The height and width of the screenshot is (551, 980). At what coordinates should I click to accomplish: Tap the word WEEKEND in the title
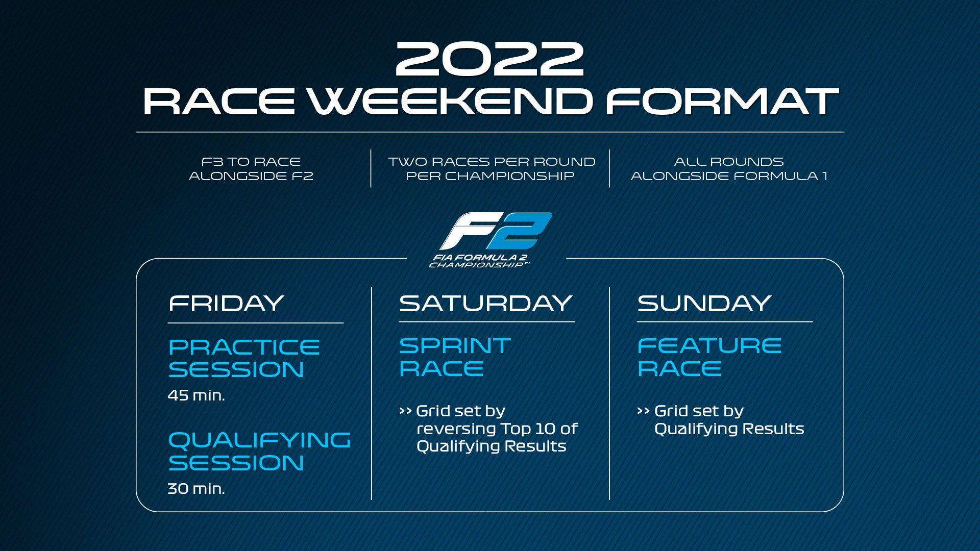click(x=450, y=101)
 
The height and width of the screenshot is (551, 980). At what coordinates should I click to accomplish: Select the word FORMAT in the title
click(x=722, y=101)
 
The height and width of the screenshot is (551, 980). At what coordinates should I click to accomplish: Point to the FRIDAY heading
click(x=226, y=303)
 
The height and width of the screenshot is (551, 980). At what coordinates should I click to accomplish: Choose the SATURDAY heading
click(x=485, y=303)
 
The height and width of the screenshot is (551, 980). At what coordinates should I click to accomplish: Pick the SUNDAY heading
click(x=704, y=303)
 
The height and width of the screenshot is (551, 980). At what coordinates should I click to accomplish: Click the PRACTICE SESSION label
click(x=244, y=359)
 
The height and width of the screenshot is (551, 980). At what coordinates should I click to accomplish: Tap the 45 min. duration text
click(x=197, y=395)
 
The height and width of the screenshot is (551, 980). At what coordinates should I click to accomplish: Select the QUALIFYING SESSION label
click(x=259, y=452)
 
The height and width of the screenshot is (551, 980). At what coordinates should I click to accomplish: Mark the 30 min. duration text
click(x=197, y=489)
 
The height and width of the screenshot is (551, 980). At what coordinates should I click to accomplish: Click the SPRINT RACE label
click(x=454, y=357)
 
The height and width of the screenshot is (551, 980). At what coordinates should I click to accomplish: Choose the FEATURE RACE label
click(x=709, y=357)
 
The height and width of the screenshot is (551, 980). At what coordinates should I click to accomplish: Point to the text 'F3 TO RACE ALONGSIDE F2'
click(x=251, y=169)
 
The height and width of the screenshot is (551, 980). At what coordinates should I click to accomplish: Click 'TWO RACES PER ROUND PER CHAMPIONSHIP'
click(x=492, y=169)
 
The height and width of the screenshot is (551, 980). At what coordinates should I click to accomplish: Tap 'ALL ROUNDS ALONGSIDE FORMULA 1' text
click(x=729, y=169)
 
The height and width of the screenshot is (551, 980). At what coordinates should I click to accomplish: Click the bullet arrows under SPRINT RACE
click(x=405, y=411)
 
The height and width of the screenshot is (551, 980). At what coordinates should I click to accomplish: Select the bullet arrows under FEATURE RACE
click(x=644, y=411)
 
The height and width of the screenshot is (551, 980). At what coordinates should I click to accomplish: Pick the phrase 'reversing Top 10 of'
click(x=497, y=429)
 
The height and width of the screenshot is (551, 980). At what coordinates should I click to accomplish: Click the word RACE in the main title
click(x=219, y=101)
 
